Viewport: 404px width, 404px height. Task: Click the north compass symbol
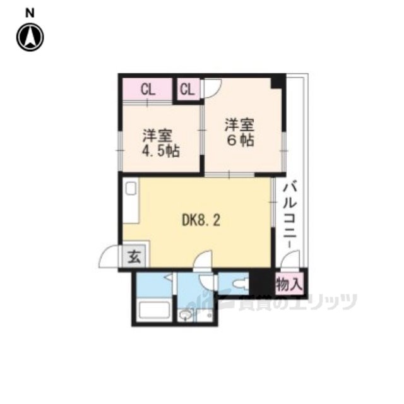(30, 37)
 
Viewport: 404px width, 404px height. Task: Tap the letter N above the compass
(30, 13)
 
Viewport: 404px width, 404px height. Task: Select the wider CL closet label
(148, 90)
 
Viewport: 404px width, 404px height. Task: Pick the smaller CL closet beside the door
(187, 90)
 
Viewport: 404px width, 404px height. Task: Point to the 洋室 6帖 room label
(240, 132)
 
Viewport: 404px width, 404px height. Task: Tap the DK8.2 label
(201, 221)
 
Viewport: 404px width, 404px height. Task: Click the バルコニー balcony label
(290, 215)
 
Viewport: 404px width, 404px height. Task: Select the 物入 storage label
(288, 285)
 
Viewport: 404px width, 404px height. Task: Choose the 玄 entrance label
(134, 257)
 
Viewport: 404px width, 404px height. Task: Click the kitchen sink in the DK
(131, 188)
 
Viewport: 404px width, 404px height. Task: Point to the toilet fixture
(241, 284)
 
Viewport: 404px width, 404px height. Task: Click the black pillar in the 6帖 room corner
(278, 81)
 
